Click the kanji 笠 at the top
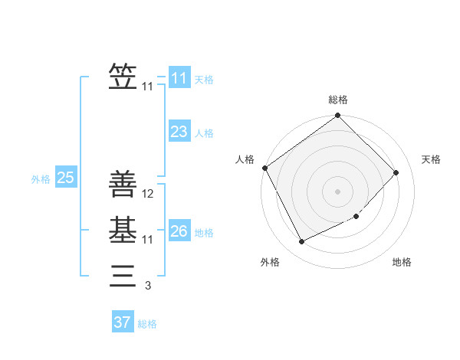(123, 78)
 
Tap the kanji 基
(123, 231)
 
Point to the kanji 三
(123, 275)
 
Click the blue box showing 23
(179, 132)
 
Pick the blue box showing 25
(65, 178)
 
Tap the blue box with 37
(122, 322)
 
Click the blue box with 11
(179, 78)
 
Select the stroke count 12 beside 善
(149, 195)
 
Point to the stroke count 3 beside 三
(148, 286)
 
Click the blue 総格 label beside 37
(147, 324)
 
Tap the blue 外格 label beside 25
(41, 179)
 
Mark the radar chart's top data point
(337, 116)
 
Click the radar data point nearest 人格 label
(264, 168)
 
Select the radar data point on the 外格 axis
(301, 242)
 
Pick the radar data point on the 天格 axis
(396, 172)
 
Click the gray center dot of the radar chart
(337, 191)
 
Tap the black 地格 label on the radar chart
(402, 262)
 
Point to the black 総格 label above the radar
(337, 100)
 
